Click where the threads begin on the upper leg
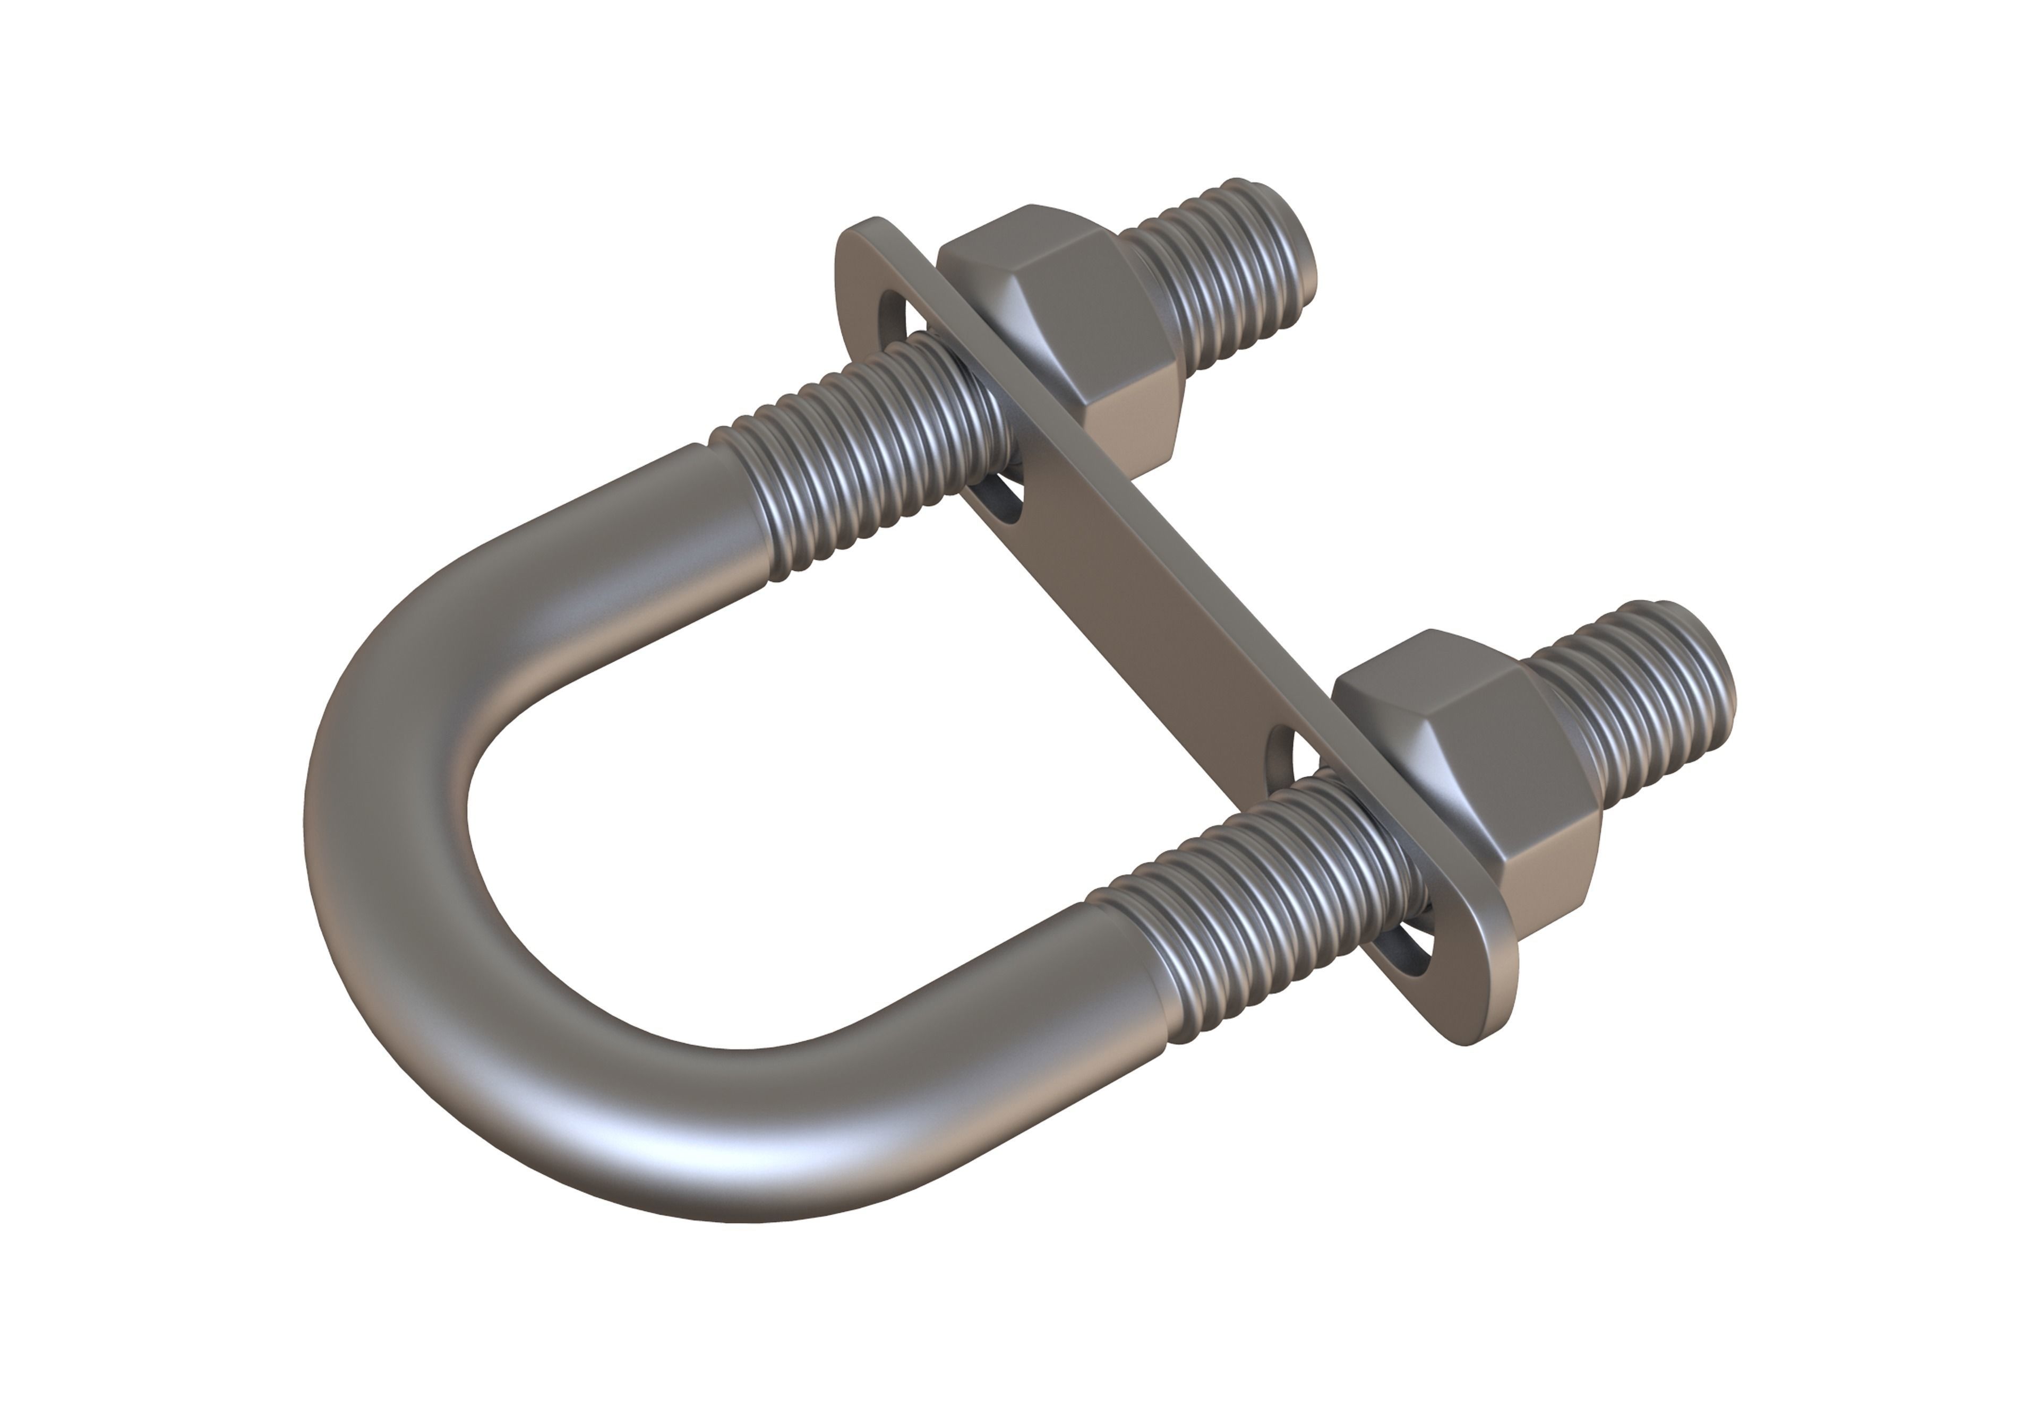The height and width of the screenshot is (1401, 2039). pyautogui.click(x=738, y=491)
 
